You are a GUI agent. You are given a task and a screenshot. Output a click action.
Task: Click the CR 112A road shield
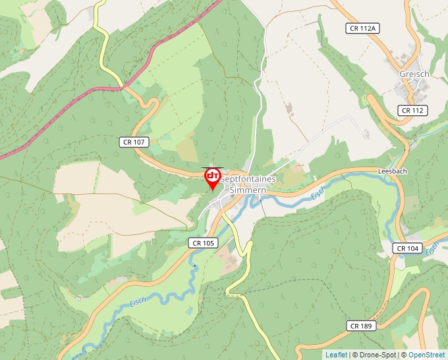pyautogui.click(x=362, y=28)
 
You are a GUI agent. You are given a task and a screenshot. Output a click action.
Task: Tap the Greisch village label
pyautogui.click(x=414, y=74)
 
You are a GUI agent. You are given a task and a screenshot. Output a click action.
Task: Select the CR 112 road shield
pyautogui.click(x=413, y=111)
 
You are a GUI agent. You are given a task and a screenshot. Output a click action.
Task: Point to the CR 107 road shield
pyautogui.click(x=135, y=141)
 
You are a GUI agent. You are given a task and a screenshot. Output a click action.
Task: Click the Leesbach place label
pyautogui.click(x=391, y=170)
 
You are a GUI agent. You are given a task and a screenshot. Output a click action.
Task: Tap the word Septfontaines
pyautogui.click(x=247, y=178)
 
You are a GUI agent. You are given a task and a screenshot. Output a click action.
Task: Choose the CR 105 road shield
pyautogui.click(x=204, y=243)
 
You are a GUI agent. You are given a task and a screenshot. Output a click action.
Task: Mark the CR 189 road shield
pyautogui.click(x=362, y=326)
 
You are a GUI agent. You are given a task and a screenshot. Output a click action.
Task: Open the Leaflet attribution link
pyautogui.click(x=336, y=355)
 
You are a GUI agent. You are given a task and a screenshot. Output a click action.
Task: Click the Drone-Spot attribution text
pyautogui.click(x=374, y=355)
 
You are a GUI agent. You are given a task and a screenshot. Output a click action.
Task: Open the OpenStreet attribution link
pyautogui.click(x=426, y=355)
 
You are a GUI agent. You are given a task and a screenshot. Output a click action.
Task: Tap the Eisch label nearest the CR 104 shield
pyautogui.click(x=432, y=249)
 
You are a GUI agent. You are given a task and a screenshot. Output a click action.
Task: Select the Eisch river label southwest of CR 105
pyautogui.click(x=138, y=301)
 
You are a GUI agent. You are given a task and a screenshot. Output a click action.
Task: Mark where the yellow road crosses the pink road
pyautogui.click(x=123, y=86)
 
